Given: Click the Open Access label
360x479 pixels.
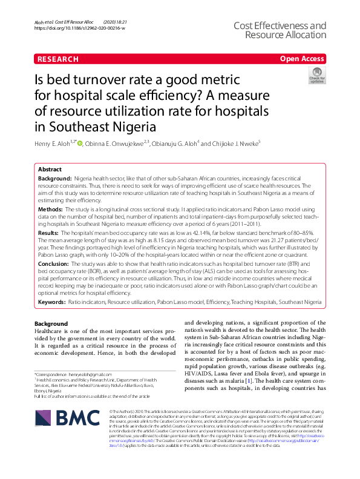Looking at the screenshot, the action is (x=302, y=59).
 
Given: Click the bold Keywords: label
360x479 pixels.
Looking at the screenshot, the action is (x=52, y=301).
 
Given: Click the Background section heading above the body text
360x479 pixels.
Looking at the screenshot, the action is (x=51, y=323).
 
